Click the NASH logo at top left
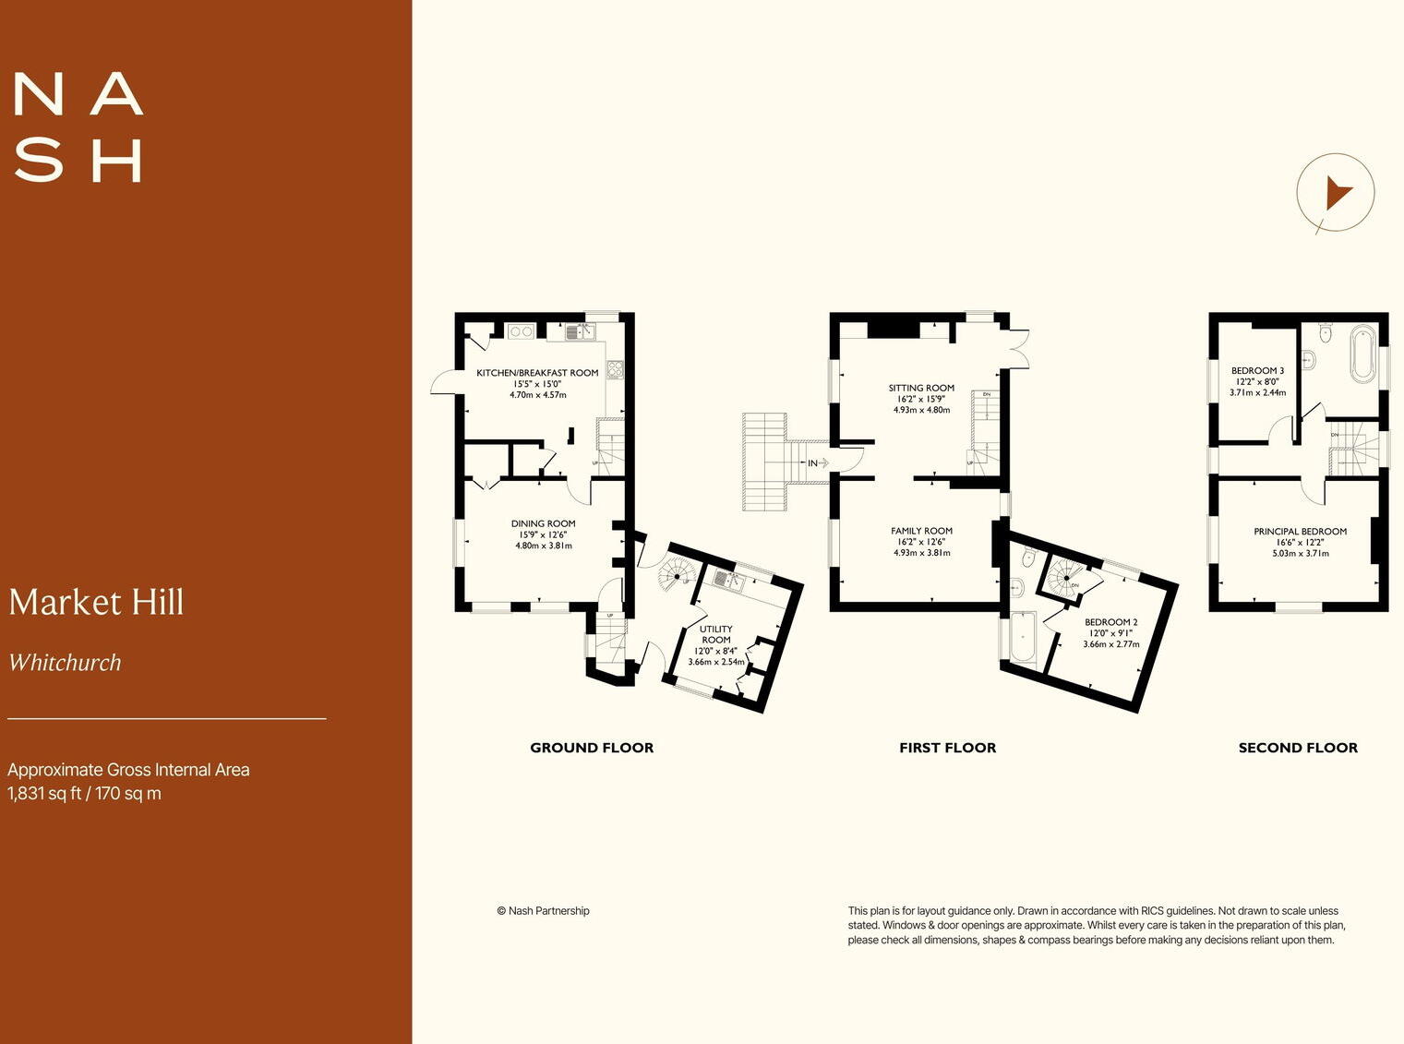point(78,127)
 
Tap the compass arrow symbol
point(1336,194)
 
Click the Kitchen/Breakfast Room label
point(537,373)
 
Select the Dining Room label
point(543,523)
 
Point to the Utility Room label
point(716,634)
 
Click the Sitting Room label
point(921,388)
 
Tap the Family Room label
point(921,531)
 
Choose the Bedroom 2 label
point(1110,622)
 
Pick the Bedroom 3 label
point(1257,370)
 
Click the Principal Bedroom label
point(1300,532)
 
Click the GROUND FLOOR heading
point(592,748)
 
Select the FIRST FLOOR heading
point(947,748)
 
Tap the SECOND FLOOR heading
point(1298,748)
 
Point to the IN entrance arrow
point(817,462)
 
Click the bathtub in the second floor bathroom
point(1363,354)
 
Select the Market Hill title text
point(97,602)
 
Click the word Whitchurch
point(65,663)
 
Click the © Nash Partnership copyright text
point(543,910)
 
